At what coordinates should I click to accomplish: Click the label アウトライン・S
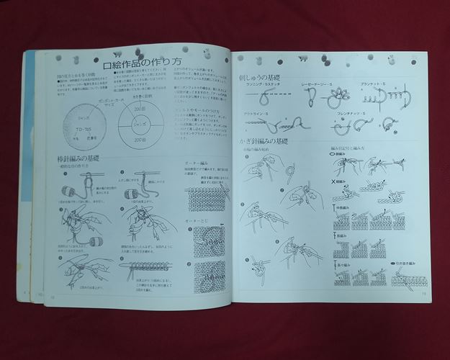tap(257, 113)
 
